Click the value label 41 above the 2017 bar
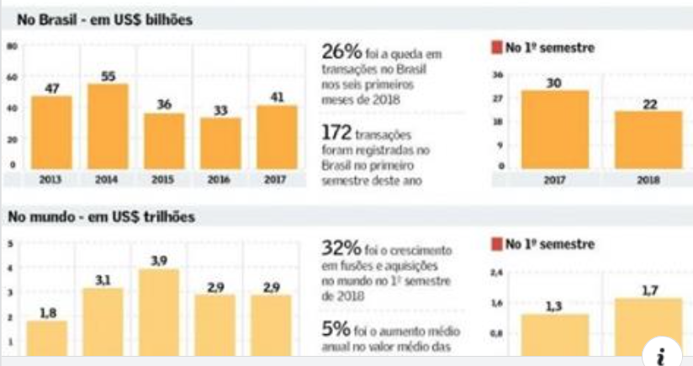point(278,97)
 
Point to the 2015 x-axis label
point(164,179)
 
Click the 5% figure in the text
point(332,327)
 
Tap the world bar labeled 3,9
point(159,311)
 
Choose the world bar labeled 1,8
point(47,337)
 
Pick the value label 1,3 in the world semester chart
point(553,306)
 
